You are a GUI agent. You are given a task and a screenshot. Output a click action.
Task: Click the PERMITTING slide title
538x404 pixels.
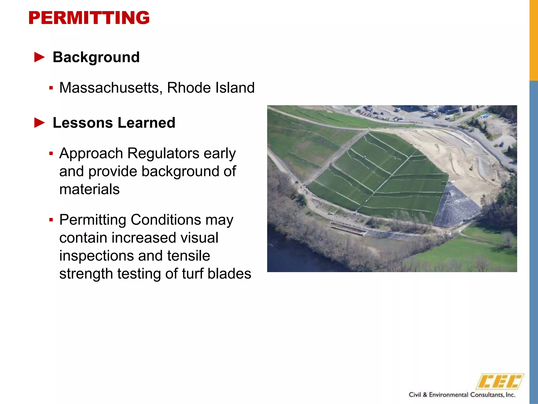tap(89, 18)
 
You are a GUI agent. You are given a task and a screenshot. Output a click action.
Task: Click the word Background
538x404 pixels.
tap(96, 57)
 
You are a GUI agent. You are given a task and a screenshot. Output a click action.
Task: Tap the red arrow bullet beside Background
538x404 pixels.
tap(40, 57)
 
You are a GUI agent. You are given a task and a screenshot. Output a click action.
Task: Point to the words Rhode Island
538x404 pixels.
tap(211, 88)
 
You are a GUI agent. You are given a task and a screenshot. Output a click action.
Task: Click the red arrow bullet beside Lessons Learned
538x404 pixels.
tap(40, 123)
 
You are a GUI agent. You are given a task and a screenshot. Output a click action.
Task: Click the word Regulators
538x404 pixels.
tap(163, 153)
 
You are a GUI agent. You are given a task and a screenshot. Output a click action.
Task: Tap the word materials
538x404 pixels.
tap(89, 189)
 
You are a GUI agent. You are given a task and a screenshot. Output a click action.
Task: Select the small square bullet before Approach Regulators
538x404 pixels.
tap(51, 153)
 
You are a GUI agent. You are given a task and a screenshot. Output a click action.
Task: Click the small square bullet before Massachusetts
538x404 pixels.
tap(51, 88)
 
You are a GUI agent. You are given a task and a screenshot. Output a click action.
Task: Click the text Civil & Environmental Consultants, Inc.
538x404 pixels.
tap(462, 395)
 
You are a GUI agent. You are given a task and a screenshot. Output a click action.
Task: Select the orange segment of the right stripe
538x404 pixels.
tap(534, 39)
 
